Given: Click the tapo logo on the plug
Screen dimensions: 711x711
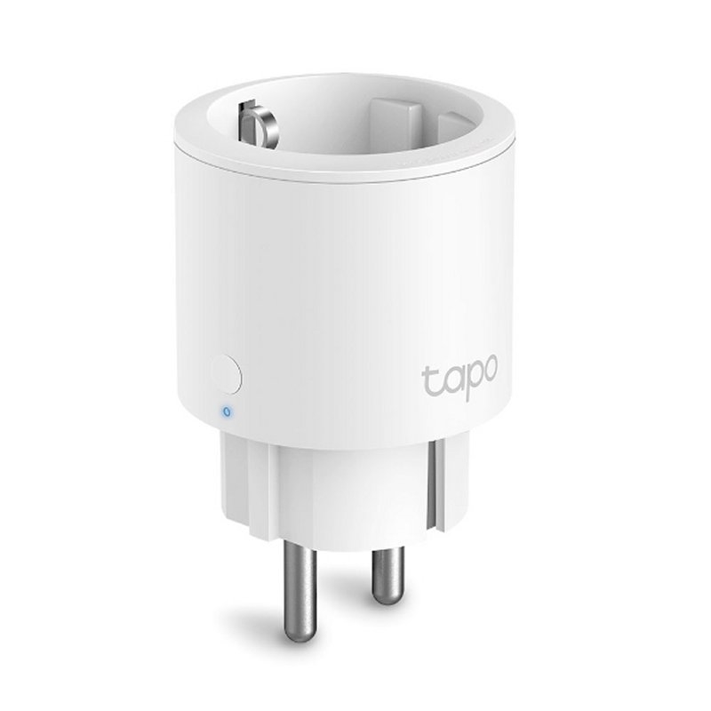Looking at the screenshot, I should (459, 381).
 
